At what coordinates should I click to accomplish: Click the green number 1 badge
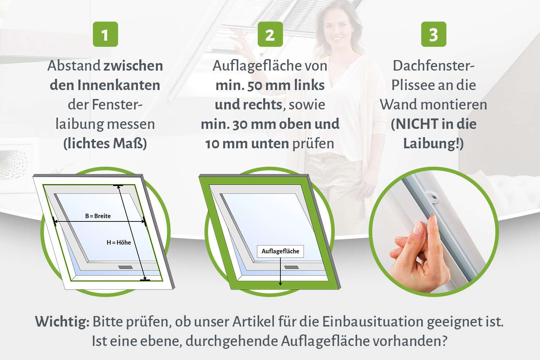coord(105,34)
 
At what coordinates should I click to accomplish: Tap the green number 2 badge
coord(270,34)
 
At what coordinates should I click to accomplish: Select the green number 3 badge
coord(434,34)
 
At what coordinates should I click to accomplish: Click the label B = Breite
coord(98,216)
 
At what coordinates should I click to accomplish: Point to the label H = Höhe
coord(118,242)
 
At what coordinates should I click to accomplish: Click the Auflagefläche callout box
coord(280,251)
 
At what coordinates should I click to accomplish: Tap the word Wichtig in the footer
coord(62,322)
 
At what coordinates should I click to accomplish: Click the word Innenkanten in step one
coord(118,85)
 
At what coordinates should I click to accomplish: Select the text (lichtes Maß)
coord(105,144)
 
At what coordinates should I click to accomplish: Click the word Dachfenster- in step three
coord(434,66)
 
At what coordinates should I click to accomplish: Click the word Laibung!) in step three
coord(433,144)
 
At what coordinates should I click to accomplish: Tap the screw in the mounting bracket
coord(434,198)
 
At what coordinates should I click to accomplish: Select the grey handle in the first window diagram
coord(125,267)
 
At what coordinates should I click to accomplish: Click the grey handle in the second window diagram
coord(292,267)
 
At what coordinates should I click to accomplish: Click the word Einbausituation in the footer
coord(373,322)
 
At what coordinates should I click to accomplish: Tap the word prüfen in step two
coord(313,144)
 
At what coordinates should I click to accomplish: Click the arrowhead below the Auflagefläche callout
coord(280,284)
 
